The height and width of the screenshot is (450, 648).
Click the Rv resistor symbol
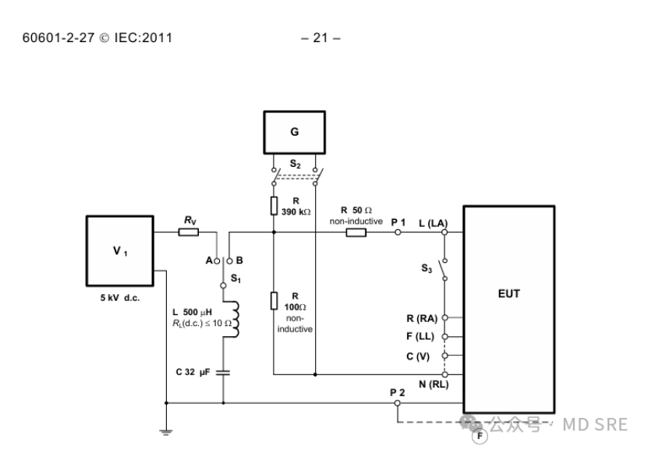pos(189,232)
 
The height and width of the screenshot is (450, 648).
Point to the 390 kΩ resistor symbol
pos(274,206)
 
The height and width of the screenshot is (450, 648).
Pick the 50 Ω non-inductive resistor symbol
pos(356,232)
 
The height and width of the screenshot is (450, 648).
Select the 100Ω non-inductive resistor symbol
pos(274,300)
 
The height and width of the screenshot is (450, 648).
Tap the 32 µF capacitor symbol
pos(223,372)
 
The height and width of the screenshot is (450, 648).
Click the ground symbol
pos(166,432)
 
